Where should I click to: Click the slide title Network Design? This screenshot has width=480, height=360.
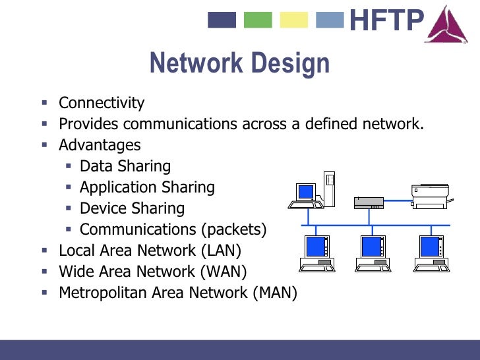click(239, 64)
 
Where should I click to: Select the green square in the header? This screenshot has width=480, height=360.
click(258, 20)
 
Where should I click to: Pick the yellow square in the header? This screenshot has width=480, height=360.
click(294, 20)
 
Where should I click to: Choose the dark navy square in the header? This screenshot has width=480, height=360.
click(222, 20)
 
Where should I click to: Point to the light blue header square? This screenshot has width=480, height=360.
click(330, 20)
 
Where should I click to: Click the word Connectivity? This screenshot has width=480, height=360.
click(102, 103)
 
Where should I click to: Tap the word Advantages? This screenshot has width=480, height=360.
click(100, 145)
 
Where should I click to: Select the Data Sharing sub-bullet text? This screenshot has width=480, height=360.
click(125, 166)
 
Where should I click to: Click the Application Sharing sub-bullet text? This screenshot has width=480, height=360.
click(147, 187)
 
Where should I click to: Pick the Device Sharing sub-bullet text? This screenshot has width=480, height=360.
click(132, 208)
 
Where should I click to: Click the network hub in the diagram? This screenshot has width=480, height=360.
click(369, 202)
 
